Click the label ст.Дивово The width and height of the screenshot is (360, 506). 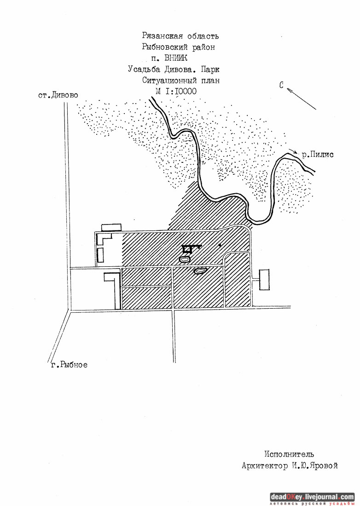pyautogui.click(x=58, y=95)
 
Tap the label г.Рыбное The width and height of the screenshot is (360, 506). pyautogui.click(x=69, y=365)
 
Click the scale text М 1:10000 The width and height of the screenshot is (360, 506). pyautogui.click(x=176, y=91)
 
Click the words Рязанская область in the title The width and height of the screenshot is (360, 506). pyautogui.click(x=180, y=36)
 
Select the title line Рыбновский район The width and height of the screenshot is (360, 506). pyautogui.click(x=179, y=47)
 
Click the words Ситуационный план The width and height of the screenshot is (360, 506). pyautogui.click(x=181, y=80)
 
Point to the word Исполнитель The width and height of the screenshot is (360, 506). pyautogui.click(x=290, y=454)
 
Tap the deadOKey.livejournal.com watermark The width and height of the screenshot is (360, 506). pyautogui.click(x=312, y=497)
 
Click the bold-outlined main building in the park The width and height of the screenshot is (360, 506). pyautogui.click(x=187, y=250)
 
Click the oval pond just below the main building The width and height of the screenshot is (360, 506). pyautogui.click(x=184, y=259)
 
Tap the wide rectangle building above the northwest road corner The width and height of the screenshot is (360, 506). pyautogui.click(x=111, y=227)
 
